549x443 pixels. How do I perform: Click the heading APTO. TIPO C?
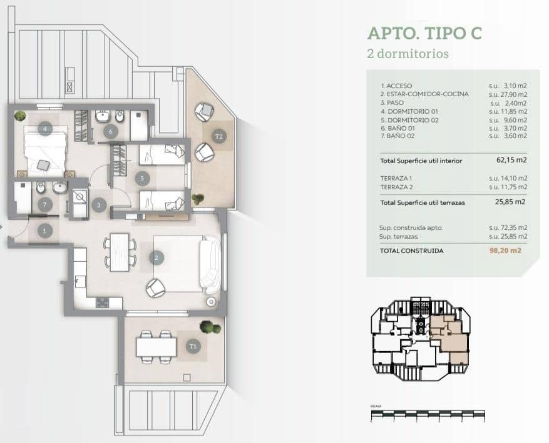(424, 32)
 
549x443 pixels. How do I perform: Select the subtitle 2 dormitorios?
(408, 54)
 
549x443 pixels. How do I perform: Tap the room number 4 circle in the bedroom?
(44, 129)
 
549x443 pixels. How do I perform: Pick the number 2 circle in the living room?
(156, 257)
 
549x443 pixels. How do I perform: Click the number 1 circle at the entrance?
(44, 231)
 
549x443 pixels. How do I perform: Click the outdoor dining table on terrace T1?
(155, 346)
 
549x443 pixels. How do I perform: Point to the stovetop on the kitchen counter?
(101, 302)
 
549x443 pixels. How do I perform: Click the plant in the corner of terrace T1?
(205, 326)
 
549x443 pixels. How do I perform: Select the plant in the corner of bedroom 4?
(21, 116)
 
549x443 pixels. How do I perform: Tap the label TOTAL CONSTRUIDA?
(412, 251)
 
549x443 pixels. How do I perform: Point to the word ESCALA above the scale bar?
(376, 406)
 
